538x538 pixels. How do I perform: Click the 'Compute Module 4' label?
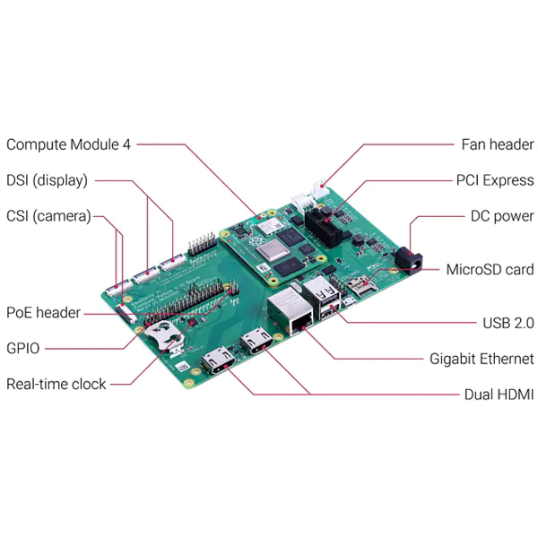click(69, 144)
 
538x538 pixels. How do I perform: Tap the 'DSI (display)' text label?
click(47, 180)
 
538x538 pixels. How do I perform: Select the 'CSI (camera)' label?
click(48, 216)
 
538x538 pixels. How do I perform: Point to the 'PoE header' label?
click(43, 313)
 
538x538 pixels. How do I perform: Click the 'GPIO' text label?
click(23, 348)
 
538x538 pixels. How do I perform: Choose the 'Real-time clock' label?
click(56, 384)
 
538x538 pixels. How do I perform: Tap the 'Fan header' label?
click(498, 144)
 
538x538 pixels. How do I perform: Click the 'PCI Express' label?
click(495, 180)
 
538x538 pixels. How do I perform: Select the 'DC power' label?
click(502, 216)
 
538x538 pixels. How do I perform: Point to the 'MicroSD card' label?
click(490, 269)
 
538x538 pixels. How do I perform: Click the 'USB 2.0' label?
click(508, 323)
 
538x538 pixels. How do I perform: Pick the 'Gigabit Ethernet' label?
click(482, 359)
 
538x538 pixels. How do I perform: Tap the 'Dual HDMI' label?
click(499, 395)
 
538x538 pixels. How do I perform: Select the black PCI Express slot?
click(323, 228)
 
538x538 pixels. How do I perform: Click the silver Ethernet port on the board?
click(291, 311)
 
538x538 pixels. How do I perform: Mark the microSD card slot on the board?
click(361, 287)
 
